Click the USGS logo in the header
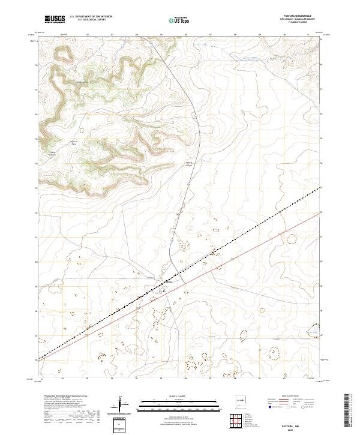pos(54,20)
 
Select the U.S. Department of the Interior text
pos(91,17)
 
